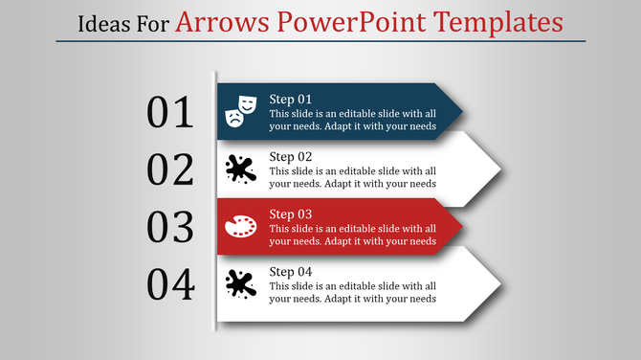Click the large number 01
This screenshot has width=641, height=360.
[170, 113]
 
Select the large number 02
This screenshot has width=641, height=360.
[170, 170]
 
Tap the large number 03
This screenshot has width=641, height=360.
[170, 228]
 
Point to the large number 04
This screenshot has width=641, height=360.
[170, 284]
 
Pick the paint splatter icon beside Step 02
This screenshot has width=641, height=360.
[239, 169]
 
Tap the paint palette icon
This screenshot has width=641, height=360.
[239, 226]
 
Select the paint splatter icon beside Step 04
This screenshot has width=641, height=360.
[239, 283]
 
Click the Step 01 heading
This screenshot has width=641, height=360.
[290, 100]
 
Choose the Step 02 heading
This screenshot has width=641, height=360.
[290, 157]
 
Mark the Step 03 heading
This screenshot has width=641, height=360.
[290, 214]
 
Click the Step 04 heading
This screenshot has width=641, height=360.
[290, 272]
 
